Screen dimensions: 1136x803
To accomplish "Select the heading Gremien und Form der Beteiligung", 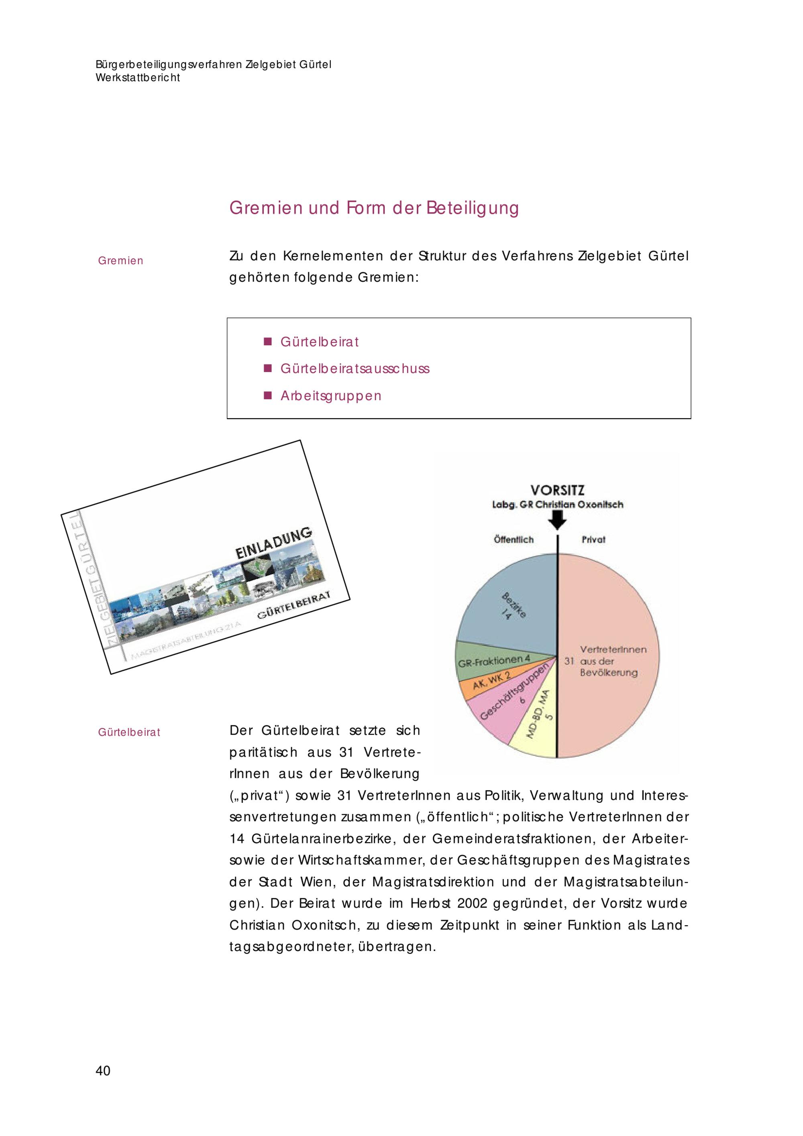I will coord(374,208).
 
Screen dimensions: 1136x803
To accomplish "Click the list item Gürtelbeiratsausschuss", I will coord(355,368).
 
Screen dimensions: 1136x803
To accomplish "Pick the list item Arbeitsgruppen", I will coord(331,396).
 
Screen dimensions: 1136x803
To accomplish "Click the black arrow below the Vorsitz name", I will coord(558,519).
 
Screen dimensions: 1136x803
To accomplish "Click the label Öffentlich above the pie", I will coord(514,540).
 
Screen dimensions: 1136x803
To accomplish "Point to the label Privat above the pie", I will coord(593,540).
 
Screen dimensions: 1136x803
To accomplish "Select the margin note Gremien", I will coord(121,261).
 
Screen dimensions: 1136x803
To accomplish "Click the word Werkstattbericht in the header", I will coord(138,78).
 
